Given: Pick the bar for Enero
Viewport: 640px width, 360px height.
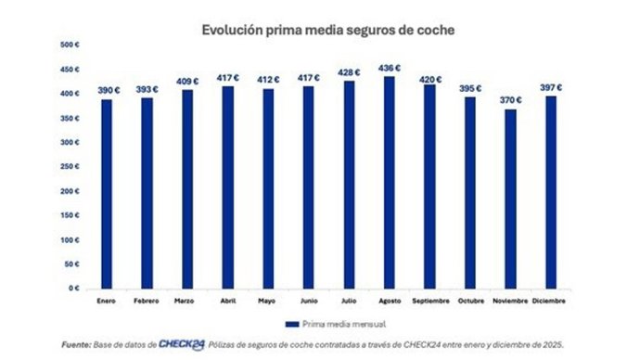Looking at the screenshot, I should (107, 194).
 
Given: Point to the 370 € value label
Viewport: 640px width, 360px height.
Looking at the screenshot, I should (512, 100).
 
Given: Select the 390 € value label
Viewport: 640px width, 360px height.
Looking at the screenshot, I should (108, 90).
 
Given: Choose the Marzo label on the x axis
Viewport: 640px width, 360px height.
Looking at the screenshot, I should (184, 301).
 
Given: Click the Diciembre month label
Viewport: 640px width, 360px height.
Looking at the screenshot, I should (553, 301).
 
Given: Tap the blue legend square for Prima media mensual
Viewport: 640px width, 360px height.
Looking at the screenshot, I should (291, 325).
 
